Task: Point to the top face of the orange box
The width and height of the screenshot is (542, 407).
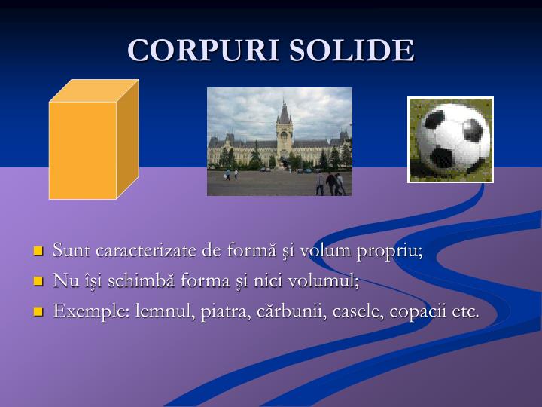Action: click(94, 90)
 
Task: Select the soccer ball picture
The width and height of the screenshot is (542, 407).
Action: click(450, 139)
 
